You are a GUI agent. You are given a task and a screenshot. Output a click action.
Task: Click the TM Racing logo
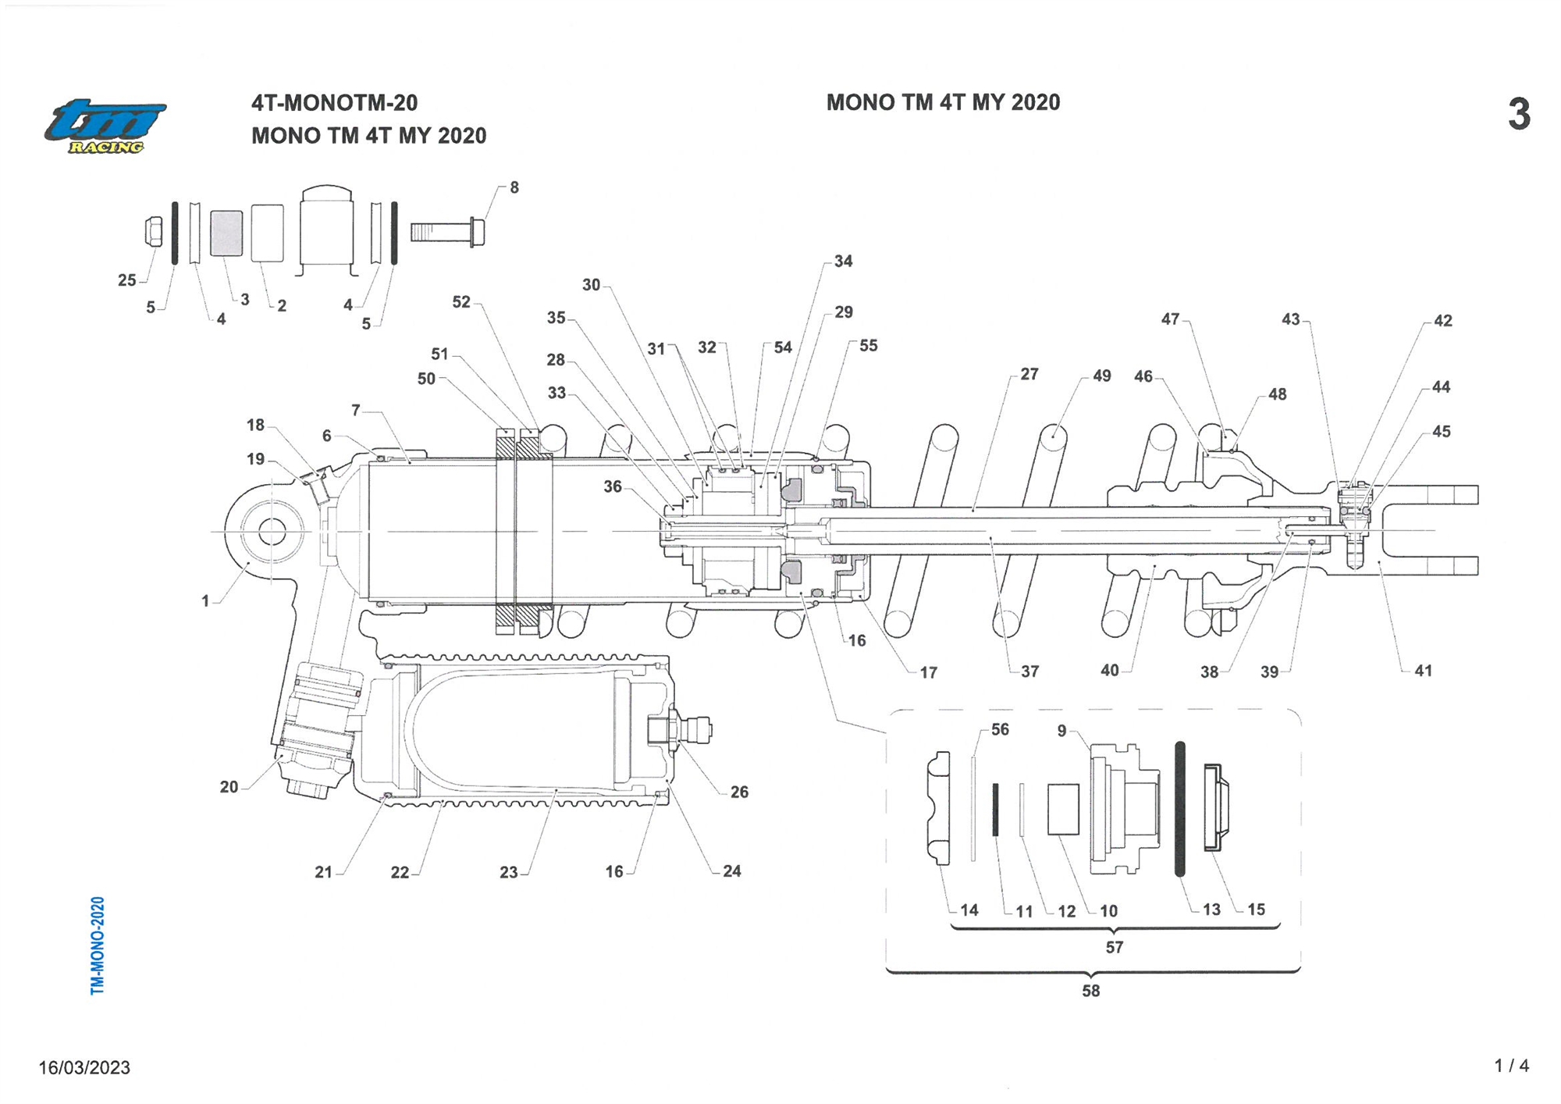[105, 126]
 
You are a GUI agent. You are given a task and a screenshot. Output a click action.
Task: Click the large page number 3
[1519, 114]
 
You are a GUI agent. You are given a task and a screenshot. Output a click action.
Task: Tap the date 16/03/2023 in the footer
[84, 1067]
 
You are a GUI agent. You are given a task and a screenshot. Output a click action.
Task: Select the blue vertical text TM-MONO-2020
[98, 946]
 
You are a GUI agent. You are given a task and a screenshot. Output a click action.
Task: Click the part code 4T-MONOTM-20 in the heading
[334, 102]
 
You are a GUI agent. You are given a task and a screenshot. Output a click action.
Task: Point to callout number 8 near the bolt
[514, 187]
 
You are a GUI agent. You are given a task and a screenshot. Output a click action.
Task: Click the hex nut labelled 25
[155, 231]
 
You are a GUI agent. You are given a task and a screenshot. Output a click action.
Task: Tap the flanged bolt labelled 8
[447, 232]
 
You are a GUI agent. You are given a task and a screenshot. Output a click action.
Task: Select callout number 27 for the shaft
[1029, 374]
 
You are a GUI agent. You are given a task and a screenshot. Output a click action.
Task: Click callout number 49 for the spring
[1101, 376]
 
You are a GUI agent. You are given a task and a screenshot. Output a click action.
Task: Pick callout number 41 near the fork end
[1423, 670]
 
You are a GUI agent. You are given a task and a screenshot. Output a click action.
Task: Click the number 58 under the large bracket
[1091, 990]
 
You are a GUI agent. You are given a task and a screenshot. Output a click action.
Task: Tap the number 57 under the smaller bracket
[1115, 946]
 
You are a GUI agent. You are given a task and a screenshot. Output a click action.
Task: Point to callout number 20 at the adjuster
[229, 787]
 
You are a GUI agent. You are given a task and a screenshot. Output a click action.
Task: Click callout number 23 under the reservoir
[509, 872]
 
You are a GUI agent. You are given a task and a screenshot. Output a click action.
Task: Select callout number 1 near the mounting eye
[205, 600]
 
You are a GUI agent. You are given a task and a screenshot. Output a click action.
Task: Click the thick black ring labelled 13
[1180, 809]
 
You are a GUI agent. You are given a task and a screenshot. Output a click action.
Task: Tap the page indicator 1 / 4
[1511, 1066]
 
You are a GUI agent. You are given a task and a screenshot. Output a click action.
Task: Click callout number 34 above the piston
[844, 262]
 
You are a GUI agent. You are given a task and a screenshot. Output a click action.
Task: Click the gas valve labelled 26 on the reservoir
[680, 731]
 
